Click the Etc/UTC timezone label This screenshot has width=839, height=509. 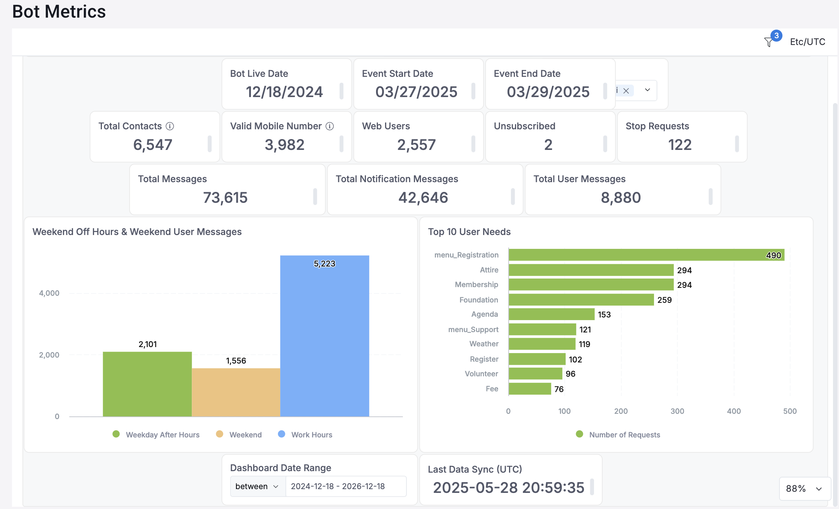(x=808, y=42)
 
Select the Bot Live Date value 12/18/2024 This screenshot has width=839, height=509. (x=284, y=92)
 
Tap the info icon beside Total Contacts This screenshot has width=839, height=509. (x=170, y=126)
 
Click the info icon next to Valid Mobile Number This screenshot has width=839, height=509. (x=330, y=126)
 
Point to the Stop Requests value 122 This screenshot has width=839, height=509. (x=679, y=145)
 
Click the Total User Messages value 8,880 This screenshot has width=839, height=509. (x=621, y=198)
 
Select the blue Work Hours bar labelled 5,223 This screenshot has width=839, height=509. (x=324, y=337)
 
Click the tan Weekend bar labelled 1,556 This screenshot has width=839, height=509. (x=236, y=392)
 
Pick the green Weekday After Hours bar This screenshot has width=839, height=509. (x=147, y=384)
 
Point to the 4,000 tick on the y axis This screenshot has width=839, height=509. (x=49, y=293)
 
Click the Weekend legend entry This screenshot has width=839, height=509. (x=245, y=435)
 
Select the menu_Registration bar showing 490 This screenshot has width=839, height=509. (x=646, y=255)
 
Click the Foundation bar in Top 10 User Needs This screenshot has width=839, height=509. (x=581, y=300)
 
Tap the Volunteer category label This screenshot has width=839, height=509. (x=481, y=374)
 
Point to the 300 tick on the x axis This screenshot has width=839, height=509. (x=677, y=411)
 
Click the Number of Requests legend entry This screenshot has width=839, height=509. (x=624, y=435)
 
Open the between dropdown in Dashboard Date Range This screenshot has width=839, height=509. (x=257, y=486)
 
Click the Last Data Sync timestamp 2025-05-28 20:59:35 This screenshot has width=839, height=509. (x=508, y=488)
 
